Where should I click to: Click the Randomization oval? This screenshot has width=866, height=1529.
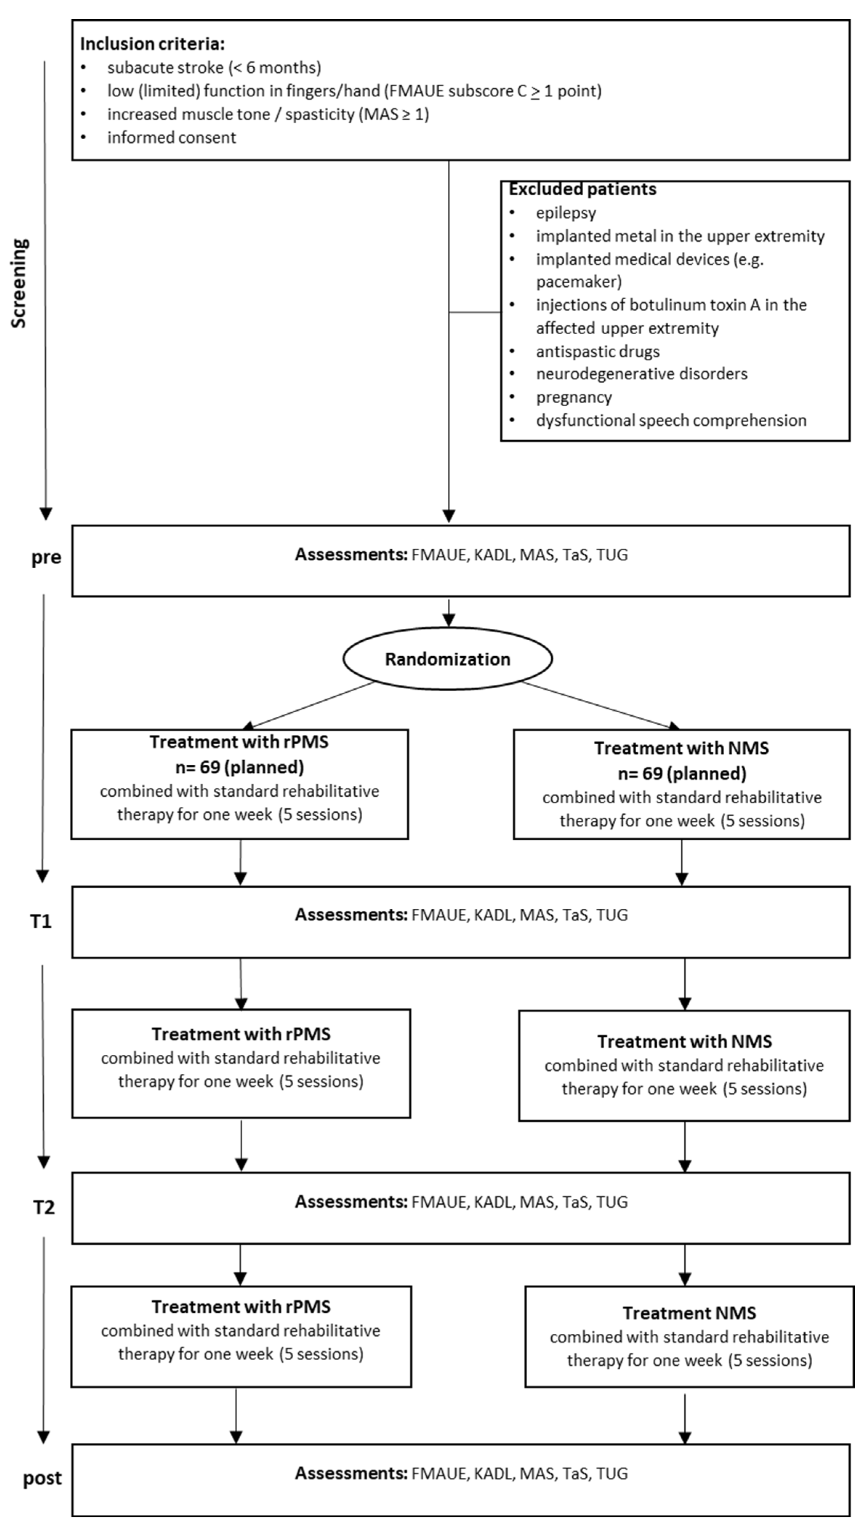click(x=447, y=659)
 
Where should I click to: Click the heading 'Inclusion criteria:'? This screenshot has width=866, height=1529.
click(x=152, y=44)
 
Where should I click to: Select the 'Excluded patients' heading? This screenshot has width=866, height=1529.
click(x=582, y=189)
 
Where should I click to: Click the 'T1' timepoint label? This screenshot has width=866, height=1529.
click(x=41, y=921)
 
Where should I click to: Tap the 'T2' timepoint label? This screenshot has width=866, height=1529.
click(x=43, y=1208)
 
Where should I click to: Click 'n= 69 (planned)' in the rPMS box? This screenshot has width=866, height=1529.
click(x=240, y=767)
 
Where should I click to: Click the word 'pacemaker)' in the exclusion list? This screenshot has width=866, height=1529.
click(x=578, y=281)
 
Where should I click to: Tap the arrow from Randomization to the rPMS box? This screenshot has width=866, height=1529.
click(x=309, y=705)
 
